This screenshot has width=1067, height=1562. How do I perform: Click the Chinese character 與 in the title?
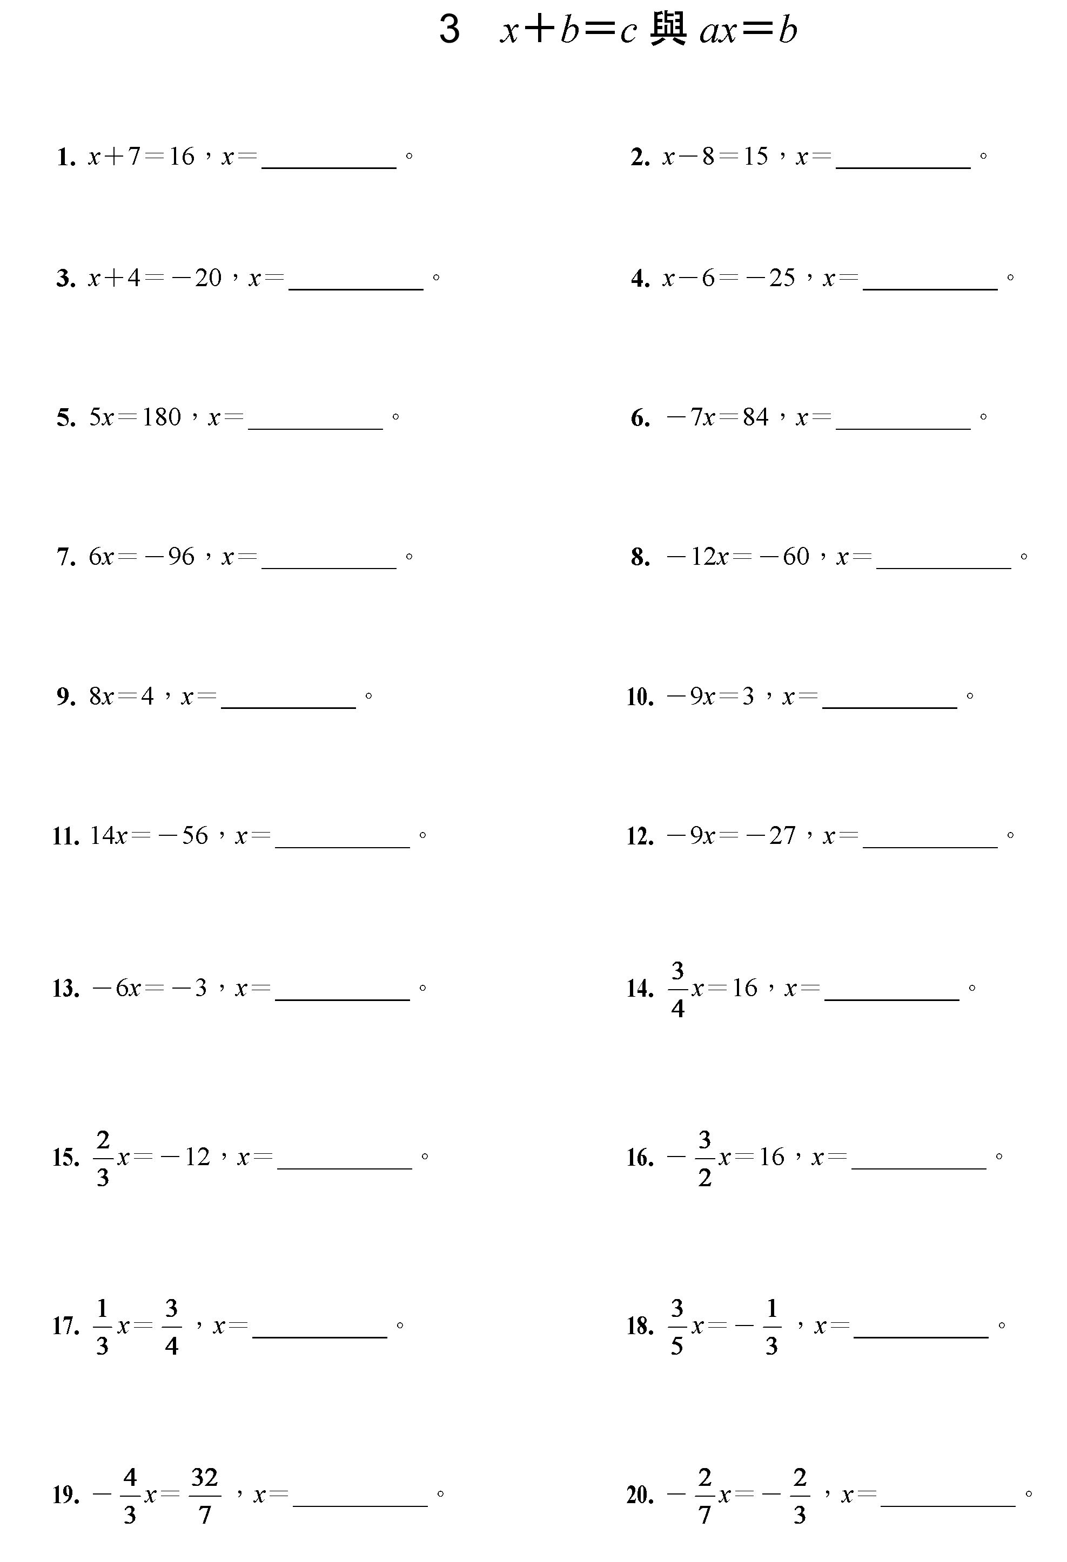(668, 30)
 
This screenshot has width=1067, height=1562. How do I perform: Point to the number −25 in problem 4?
(770, 278)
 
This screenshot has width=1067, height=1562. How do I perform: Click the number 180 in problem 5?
(162, 417)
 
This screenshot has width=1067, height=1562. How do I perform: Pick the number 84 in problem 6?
(756, 417)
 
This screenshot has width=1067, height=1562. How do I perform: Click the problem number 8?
(640, 558)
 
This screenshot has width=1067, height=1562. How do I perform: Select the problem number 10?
(640, 697)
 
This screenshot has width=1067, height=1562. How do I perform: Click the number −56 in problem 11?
(183, 835)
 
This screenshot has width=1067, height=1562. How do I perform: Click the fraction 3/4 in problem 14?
(677, 989)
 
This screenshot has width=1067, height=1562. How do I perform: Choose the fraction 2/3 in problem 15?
(103, 1158)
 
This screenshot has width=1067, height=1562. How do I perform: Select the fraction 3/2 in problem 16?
(704, 1158)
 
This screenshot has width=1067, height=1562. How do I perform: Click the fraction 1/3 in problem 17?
(102, 1327)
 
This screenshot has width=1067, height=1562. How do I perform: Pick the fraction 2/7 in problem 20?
(704, 1496)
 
